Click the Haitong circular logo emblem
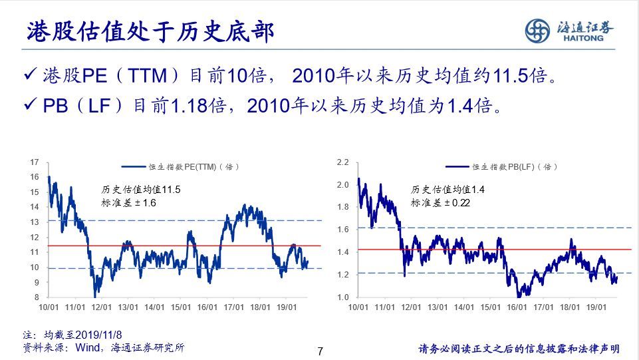(x=537, y=31)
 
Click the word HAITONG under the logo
(x=583, y=39)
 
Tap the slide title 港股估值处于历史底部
(x=150, y=31)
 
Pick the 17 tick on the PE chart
(x=34, y=162)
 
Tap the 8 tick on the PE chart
(x=37, y=297)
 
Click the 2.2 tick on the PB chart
(x=342, y=162)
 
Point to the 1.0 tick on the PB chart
(x=342, y=297)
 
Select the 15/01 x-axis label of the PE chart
(x=181, y=307)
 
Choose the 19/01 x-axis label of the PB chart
(x=596, y=307)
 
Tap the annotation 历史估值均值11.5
(x=140, y=190)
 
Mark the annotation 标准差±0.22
(x=440, y=203)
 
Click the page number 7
(x=320, y=351)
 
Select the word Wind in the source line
(x=88, y=348)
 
